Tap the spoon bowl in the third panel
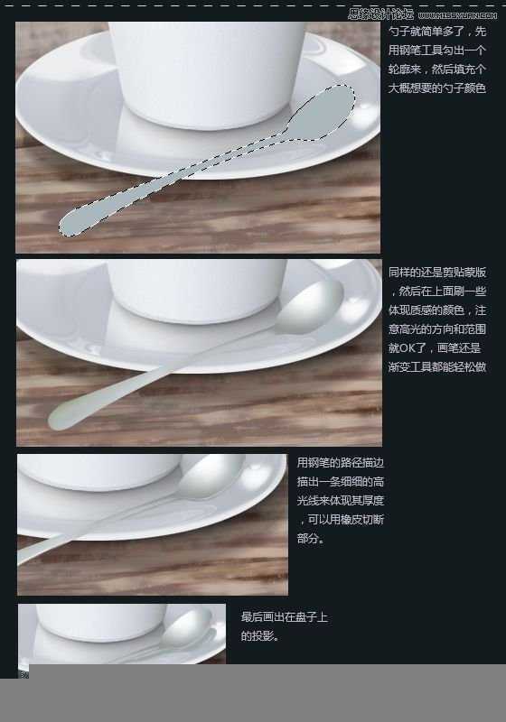point(213,475)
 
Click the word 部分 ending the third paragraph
point(309,539)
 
